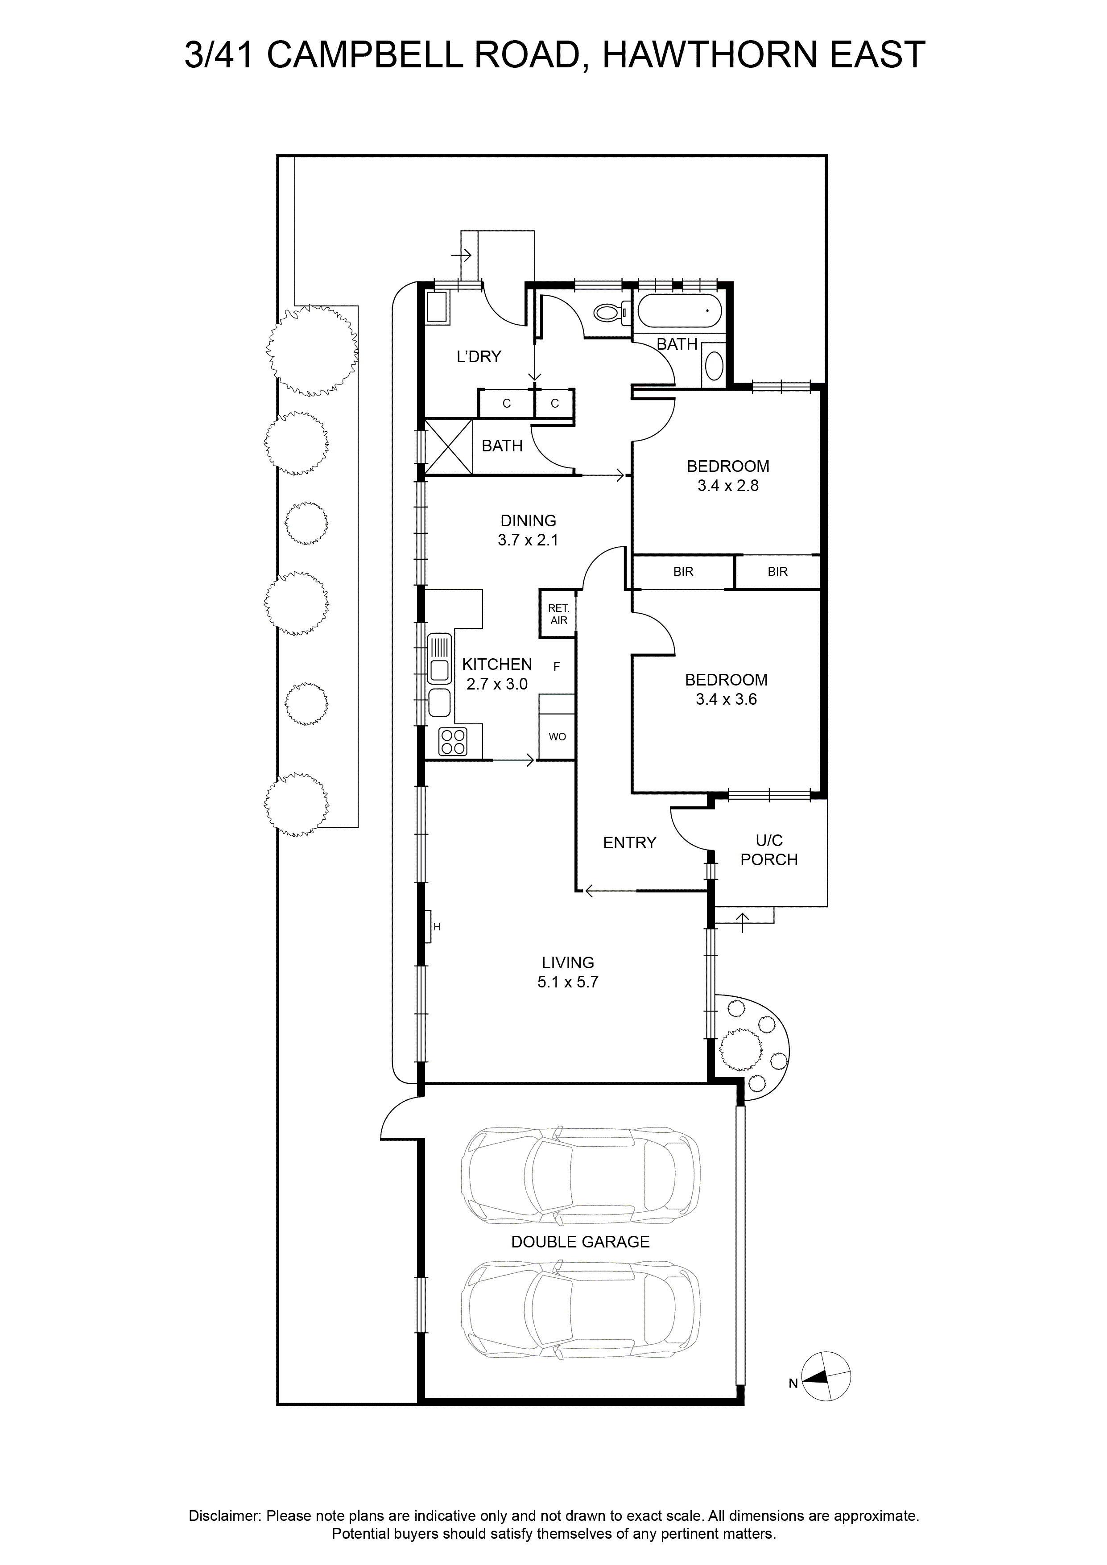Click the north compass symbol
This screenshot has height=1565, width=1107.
[826, 1376]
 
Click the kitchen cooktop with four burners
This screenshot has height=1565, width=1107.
[453, 742]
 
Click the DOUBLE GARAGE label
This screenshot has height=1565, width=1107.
[580, 1242]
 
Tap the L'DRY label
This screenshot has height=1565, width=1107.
[479, 356]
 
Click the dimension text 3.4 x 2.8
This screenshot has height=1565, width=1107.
[727, 486]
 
